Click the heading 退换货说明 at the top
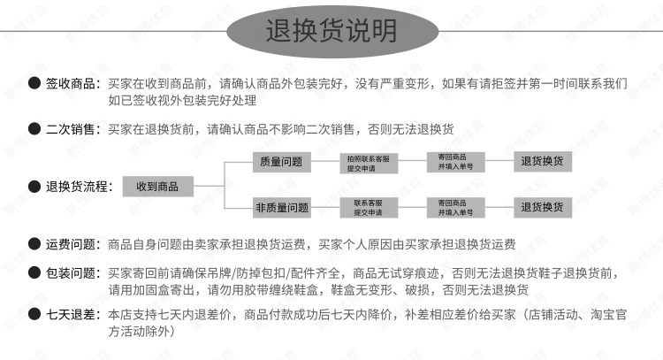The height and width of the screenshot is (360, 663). pos(331,31)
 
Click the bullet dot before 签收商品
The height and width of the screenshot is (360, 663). pos(34,84)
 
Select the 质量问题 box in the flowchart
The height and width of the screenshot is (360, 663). pos(281,163)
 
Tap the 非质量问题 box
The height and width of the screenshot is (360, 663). pos(281,208)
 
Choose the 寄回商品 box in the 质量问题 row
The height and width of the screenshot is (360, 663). pos(454,162)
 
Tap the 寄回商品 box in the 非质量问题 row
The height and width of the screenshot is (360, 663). pos(454,208)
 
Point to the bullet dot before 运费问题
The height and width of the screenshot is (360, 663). pos(34,244)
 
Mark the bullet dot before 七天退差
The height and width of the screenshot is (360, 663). pos(34,314)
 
